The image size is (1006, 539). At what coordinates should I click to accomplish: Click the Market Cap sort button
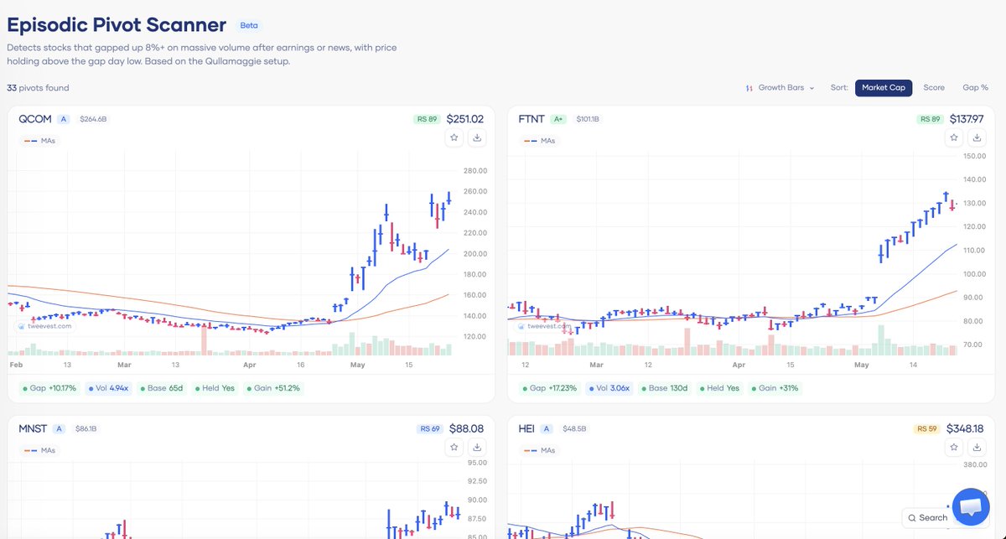tap(884, 87)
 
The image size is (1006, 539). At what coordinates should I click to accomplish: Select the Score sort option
tap(934, 87)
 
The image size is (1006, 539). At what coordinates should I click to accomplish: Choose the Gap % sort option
tap(975, 87)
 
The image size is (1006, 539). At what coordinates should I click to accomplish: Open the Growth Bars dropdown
tap(780, 87)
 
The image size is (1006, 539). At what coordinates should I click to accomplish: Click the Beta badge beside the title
tap(249, 26)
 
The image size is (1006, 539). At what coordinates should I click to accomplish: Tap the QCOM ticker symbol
tap(35, 119)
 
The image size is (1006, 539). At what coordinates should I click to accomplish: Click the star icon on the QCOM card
tap(454, 137)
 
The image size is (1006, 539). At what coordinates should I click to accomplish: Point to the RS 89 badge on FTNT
tap(930, 119)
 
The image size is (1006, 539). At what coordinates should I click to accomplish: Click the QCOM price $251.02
tap(464, 119)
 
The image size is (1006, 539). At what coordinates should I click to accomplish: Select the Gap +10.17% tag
tap(49, 388)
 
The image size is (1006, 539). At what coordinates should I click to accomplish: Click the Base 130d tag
tap(664, 388)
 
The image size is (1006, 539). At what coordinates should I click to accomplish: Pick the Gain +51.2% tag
tap(273, 388)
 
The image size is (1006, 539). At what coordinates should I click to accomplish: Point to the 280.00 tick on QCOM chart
tap(475, 171)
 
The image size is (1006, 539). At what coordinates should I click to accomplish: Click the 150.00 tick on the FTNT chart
tap(974, 156)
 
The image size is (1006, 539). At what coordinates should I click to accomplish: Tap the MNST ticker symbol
tap(33, 428)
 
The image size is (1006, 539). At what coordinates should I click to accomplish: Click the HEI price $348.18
tap(965, 428)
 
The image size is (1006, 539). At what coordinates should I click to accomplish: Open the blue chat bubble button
tap(971, 506)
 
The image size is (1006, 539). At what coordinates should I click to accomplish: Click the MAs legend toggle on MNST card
tap(40, 450)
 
